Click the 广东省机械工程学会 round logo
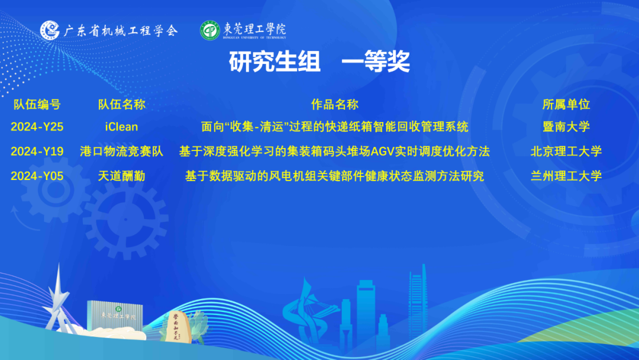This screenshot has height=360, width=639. coord(50,30)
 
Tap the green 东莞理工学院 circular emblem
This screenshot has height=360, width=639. coord(210,31)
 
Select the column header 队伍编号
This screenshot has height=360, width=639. coord(37,104)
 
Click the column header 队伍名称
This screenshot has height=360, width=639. coord(121,104)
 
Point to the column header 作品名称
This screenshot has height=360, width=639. coord(334,104)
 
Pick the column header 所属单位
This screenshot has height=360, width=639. coord(566,104)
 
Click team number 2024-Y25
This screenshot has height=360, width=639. coord(37,127)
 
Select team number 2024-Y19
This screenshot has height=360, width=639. coord(37,152)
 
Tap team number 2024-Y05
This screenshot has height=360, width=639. coord(37,176)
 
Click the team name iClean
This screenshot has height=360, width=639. coord(121,127)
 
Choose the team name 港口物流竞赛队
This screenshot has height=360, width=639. coord(121,152)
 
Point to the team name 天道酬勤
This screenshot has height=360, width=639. coord(121,176)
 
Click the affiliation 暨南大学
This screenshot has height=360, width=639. coord(566,127)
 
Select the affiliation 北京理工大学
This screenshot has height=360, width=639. coord(566,152)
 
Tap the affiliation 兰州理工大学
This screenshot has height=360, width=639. coord(566,176)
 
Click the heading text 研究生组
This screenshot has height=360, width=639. coord(275,62)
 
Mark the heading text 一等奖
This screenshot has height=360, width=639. coord(375,62)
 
